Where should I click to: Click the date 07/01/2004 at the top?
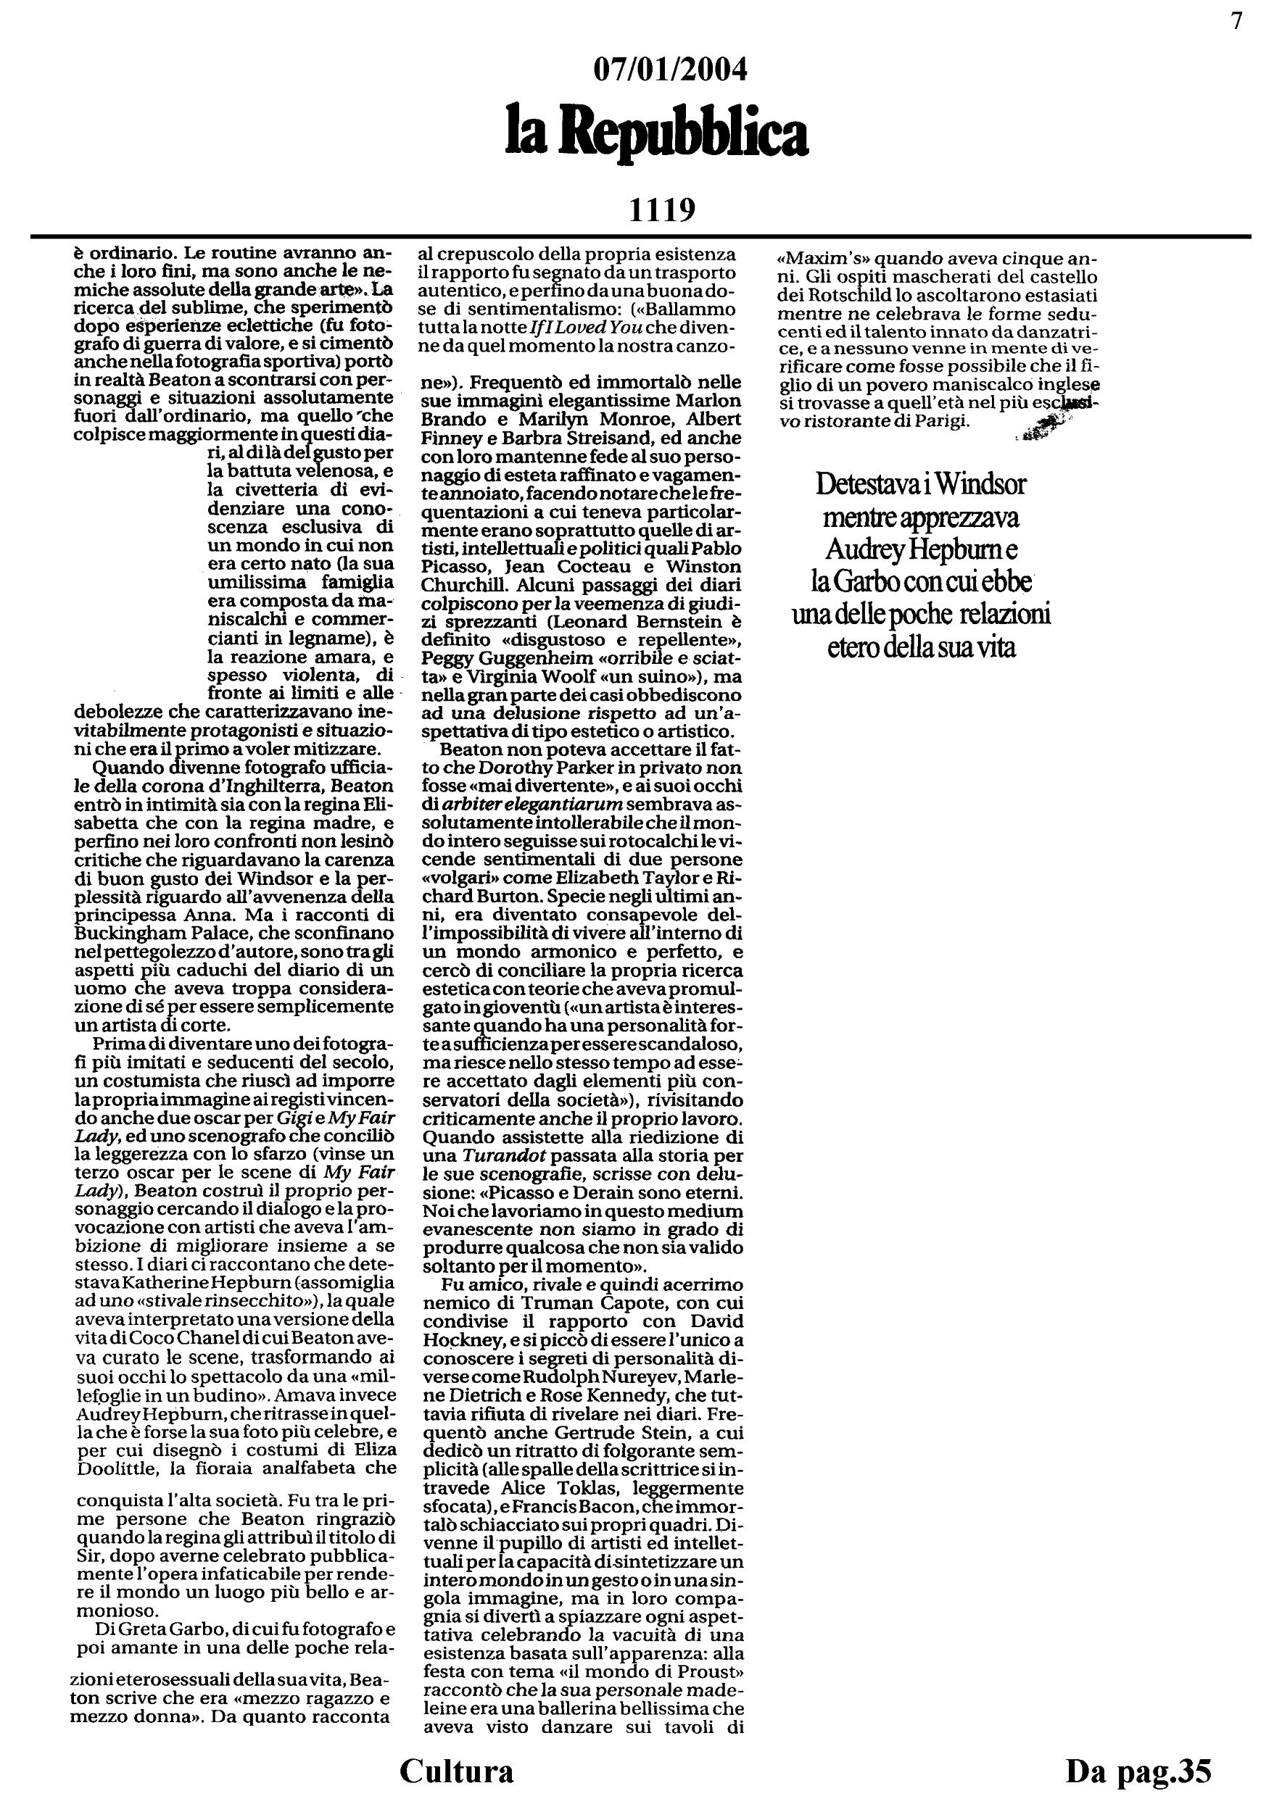click(x=669, y=70)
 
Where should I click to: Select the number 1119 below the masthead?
click(x=661, y=210)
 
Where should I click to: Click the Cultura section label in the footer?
click(x=456, y=1770)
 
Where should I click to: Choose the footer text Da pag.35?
click(x=1138, y=1770)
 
